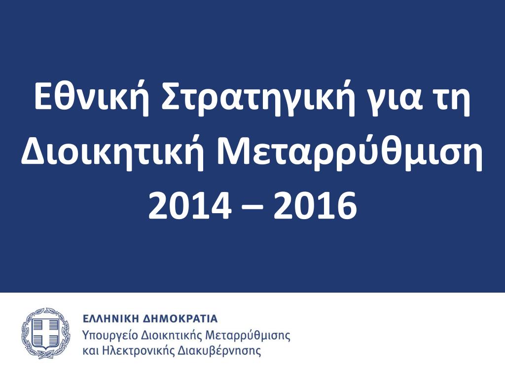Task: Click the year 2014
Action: click(190, 205)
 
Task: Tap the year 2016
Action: click(315, 205)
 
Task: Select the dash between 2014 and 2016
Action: click(252, 206)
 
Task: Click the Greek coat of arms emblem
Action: click(46, 333)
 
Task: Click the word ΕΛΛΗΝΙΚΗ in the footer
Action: click(110, 319)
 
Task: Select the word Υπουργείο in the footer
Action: click(110, 336)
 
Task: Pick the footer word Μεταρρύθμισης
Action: click(248, 336)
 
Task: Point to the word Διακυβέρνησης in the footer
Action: click(219, 351)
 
